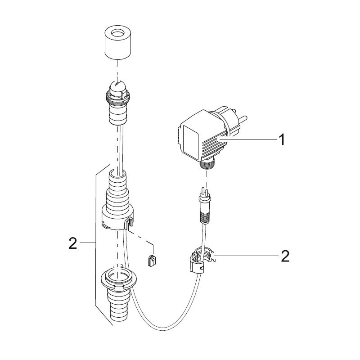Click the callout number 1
tap(282, 140)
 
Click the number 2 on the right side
tap(285, 256)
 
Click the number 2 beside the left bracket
tap(73, 243)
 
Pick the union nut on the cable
tap(201, 260)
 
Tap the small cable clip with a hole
tap(151, 261)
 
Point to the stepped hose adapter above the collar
tap(118, 189)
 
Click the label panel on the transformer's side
tap(190, 143)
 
